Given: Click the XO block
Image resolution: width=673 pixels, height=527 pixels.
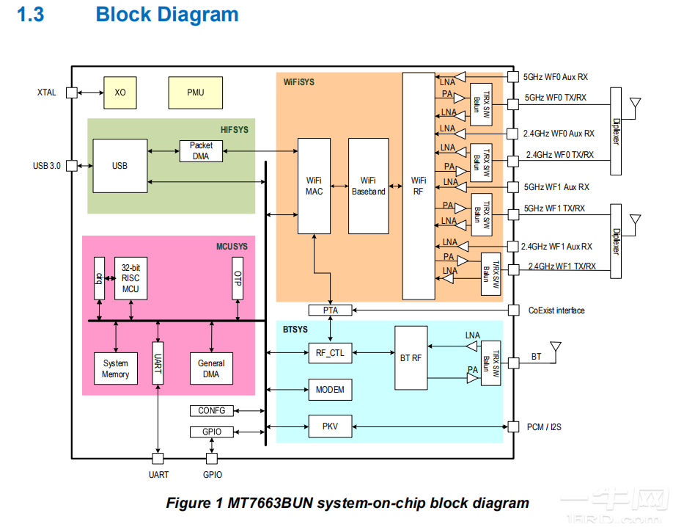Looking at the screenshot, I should click(x=120, y=92).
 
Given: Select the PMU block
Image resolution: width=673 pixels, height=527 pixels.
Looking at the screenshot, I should click(x=195, y=92).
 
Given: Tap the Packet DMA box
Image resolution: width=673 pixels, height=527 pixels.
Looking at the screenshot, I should click(x=201, y=150).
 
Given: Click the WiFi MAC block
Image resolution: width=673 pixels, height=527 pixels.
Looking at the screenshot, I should click(x=314, y=186).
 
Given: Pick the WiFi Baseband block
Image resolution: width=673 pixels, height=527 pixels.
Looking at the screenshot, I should click(x=368, y=186).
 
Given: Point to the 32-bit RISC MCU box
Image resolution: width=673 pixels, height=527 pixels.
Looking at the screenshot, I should click(x=130, y=278).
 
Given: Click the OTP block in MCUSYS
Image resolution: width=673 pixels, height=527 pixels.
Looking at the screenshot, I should click(x=237, y=278).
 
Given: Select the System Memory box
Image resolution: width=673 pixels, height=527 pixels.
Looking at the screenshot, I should click(x=116, y=368).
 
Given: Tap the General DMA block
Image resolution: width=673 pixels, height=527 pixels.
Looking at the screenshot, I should click(x=211, y=368).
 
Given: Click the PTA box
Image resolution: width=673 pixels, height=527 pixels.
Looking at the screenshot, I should click(x=330, y=310).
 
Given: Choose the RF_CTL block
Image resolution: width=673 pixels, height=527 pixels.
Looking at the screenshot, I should click(x=330, y=353).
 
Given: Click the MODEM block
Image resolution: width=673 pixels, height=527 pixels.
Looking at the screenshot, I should click(x=330, y=390).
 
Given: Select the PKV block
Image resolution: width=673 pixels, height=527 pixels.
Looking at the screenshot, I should click(x=330, y=426).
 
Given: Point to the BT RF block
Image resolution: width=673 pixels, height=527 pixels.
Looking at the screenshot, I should click(x=411, y=358).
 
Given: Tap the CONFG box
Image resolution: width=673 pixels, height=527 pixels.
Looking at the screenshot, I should click(x=212, y=411).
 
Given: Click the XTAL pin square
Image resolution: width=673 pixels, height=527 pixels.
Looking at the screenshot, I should click(x=71, y=92).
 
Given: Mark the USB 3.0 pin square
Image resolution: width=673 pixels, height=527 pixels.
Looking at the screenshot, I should click(x=71, y=166).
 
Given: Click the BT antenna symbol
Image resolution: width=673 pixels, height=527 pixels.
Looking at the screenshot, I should click(x=555, y=346).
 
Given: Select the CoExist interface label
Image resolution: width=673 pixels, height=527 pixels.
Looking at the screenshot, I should click(x=556, y=310).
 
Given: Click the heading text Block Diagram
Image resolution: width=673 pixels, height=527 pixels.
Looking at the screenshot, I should click(x=167, y=15).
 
